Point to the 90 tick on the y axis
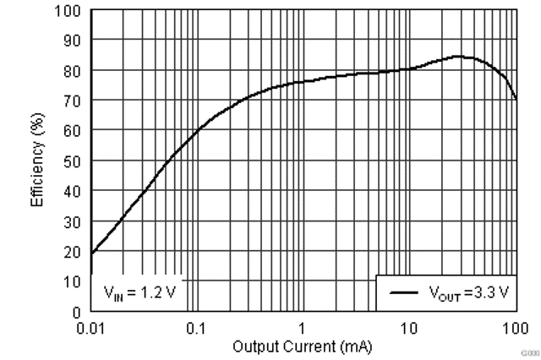click(x=74, y=41)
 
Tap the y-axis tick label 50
click(x=74, y=161)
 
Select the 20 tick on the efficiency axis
click(x=74, y=251)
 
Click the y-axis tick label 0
click(x=77, y=311)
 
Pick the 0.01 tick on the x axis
click(x=90, y=327)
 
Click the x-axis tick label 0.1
click(x=196, y=327)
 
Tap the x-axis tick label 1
click(x=302, y=327)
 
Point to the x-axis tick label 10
click(x=408, y=327)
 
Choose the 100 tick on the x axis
click(x=514, y=327)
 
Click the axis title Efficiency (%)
click(x=38, y=161)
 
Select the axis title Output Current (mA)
click(x=302, y=346)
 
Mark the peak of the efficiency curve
click(x=458, y=57)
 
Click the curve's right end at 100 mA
click(x=515, y=99)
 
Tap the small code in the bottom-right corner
click(x=529, y=351)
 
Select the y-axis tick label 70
click(x=74, y=101)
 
